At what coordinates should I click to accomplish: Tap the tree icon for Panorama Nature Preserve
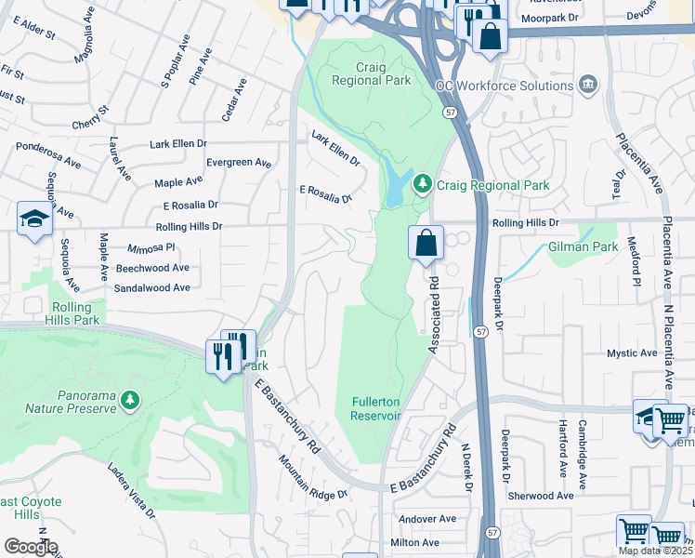coord(130,401)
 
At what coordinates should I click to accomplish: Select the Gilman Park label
coord(583,247)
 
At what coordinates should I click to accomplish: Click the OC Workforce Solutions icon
coord(587,86)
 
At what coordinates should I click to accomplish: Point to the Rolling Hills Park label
coord(72,313)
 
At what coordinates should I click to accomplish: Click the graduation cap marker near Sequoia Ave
coord(34,219)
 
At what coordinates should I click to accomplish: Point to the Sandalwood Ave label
coord(151,288)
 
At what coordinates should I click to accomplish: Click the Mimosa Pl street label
coord(151,248)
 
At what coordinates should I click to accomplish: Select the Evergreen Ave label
coord(239,163)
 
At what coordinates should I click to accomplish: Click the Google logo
coord(31,547)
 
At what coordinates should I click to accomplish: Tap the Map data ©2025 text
coord(655,551)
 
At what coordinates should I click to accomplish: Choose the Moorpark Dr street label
coord(549,18)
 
